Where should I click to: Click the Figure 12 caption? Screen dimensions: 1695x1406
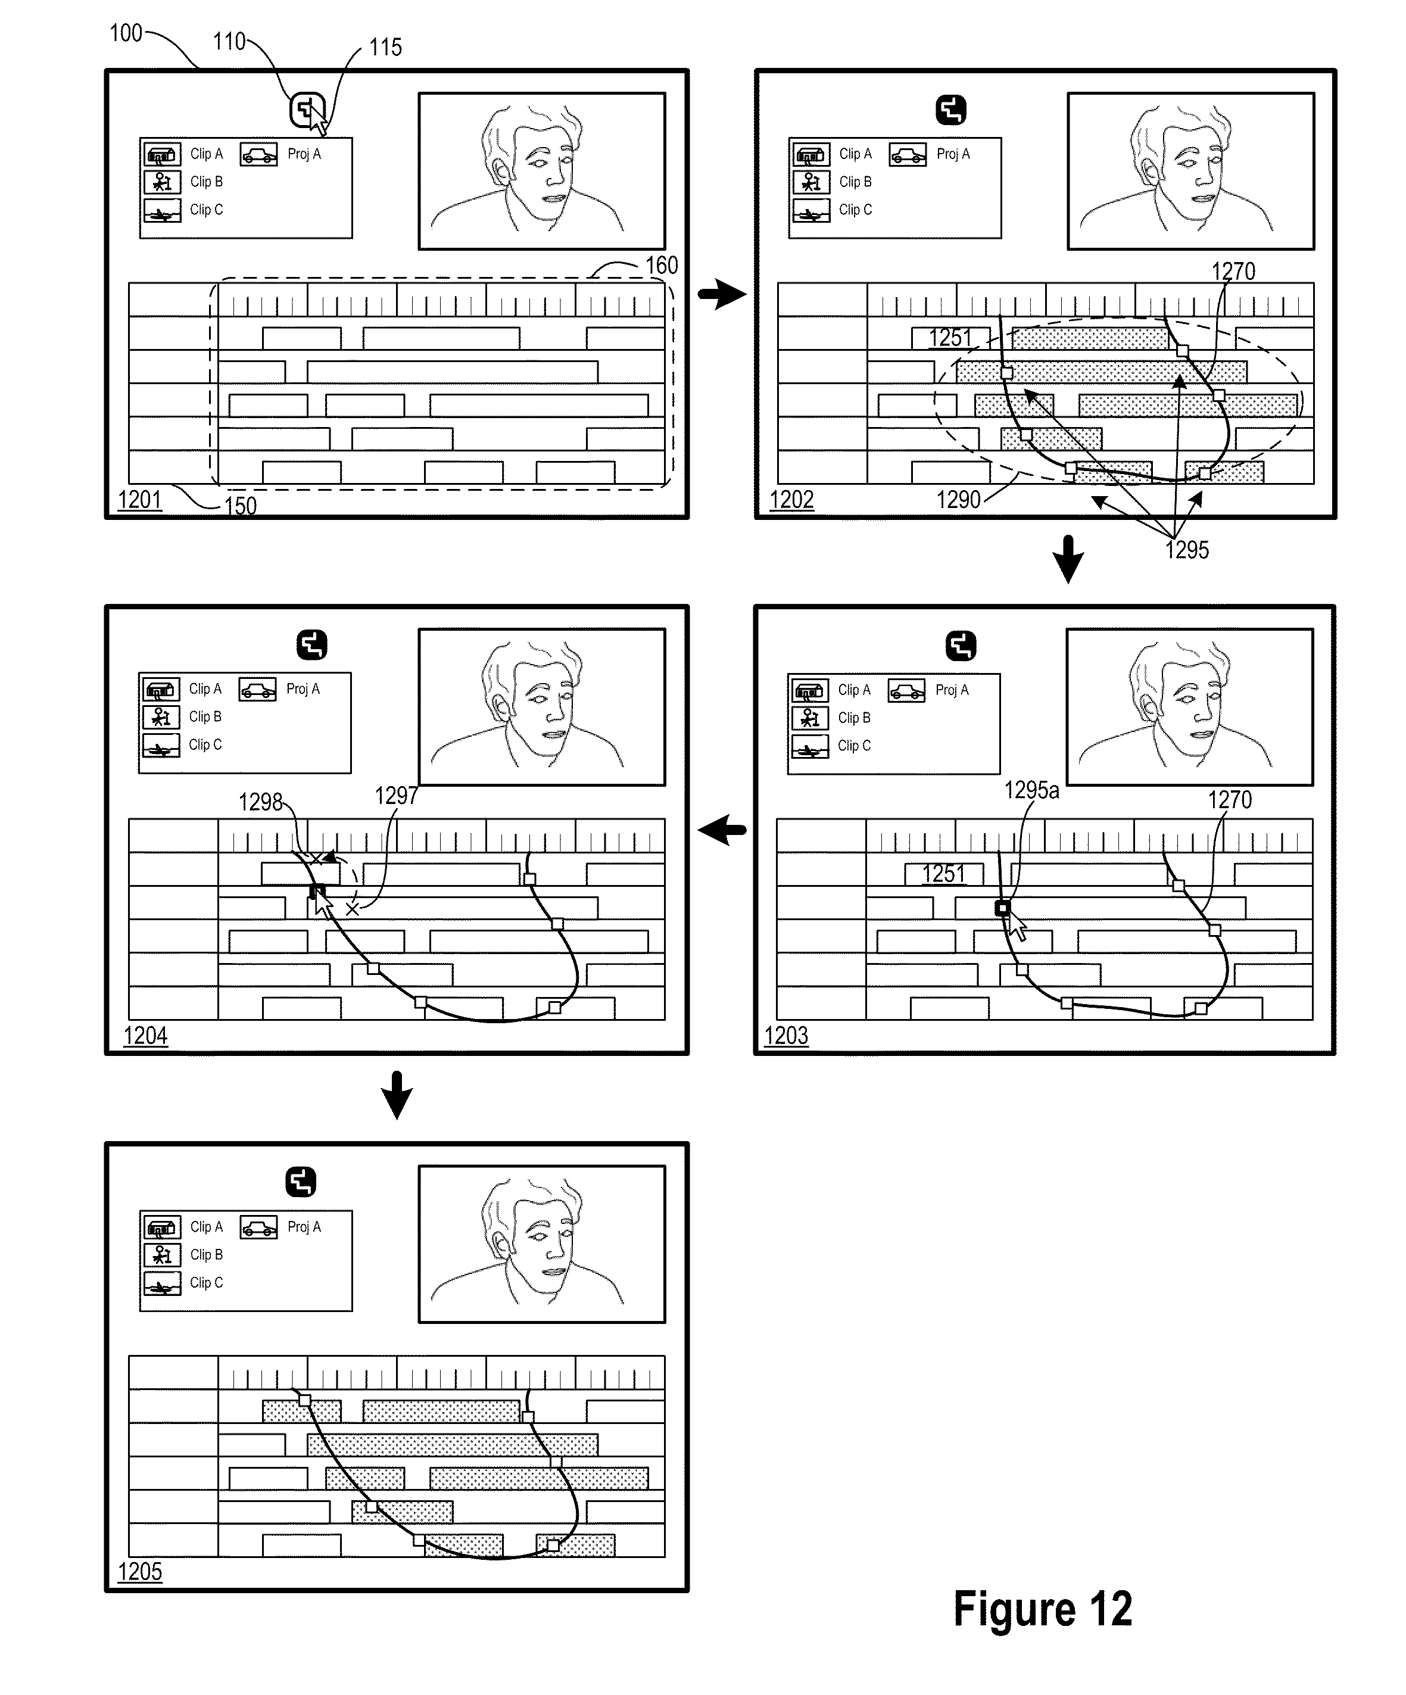tap(1042, 1609)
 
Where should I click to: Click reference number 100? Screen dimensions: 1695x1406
tap(126, 33)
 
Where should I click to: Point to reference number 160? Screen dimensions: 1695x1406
tap(661, 266)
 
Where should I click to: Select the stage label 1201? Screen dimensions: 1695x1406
tap(139, 500)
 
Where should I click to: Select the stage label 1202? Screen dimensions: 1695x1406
tap(791, 500)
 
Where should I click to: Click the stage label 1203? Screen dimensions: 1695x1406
tap(786, 1036)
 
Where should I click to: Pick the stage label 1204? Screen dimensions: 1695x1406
tap(145, 1036)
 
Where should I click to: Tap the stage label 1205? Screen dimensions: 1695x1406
tap(139, 1572)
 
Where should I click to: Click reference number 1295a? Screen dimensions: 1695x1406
tap(1031, 790)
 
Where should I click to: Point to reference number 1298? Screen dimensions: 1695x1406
tap(260, 802)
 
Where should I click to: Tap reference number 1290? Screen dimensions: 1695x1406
tap(958, 500)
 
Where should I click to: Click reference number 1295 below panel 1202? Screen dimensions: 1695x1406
tap(1186, 550)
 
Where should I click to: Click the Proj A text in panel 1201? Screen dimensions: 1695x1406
tap(304, 154)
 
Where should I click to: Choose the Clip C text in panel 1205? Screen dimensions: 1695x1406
tap(206, 1282)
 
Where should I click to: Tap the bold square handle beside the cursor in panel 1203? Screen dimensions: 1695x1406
tap(1002, 908)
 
